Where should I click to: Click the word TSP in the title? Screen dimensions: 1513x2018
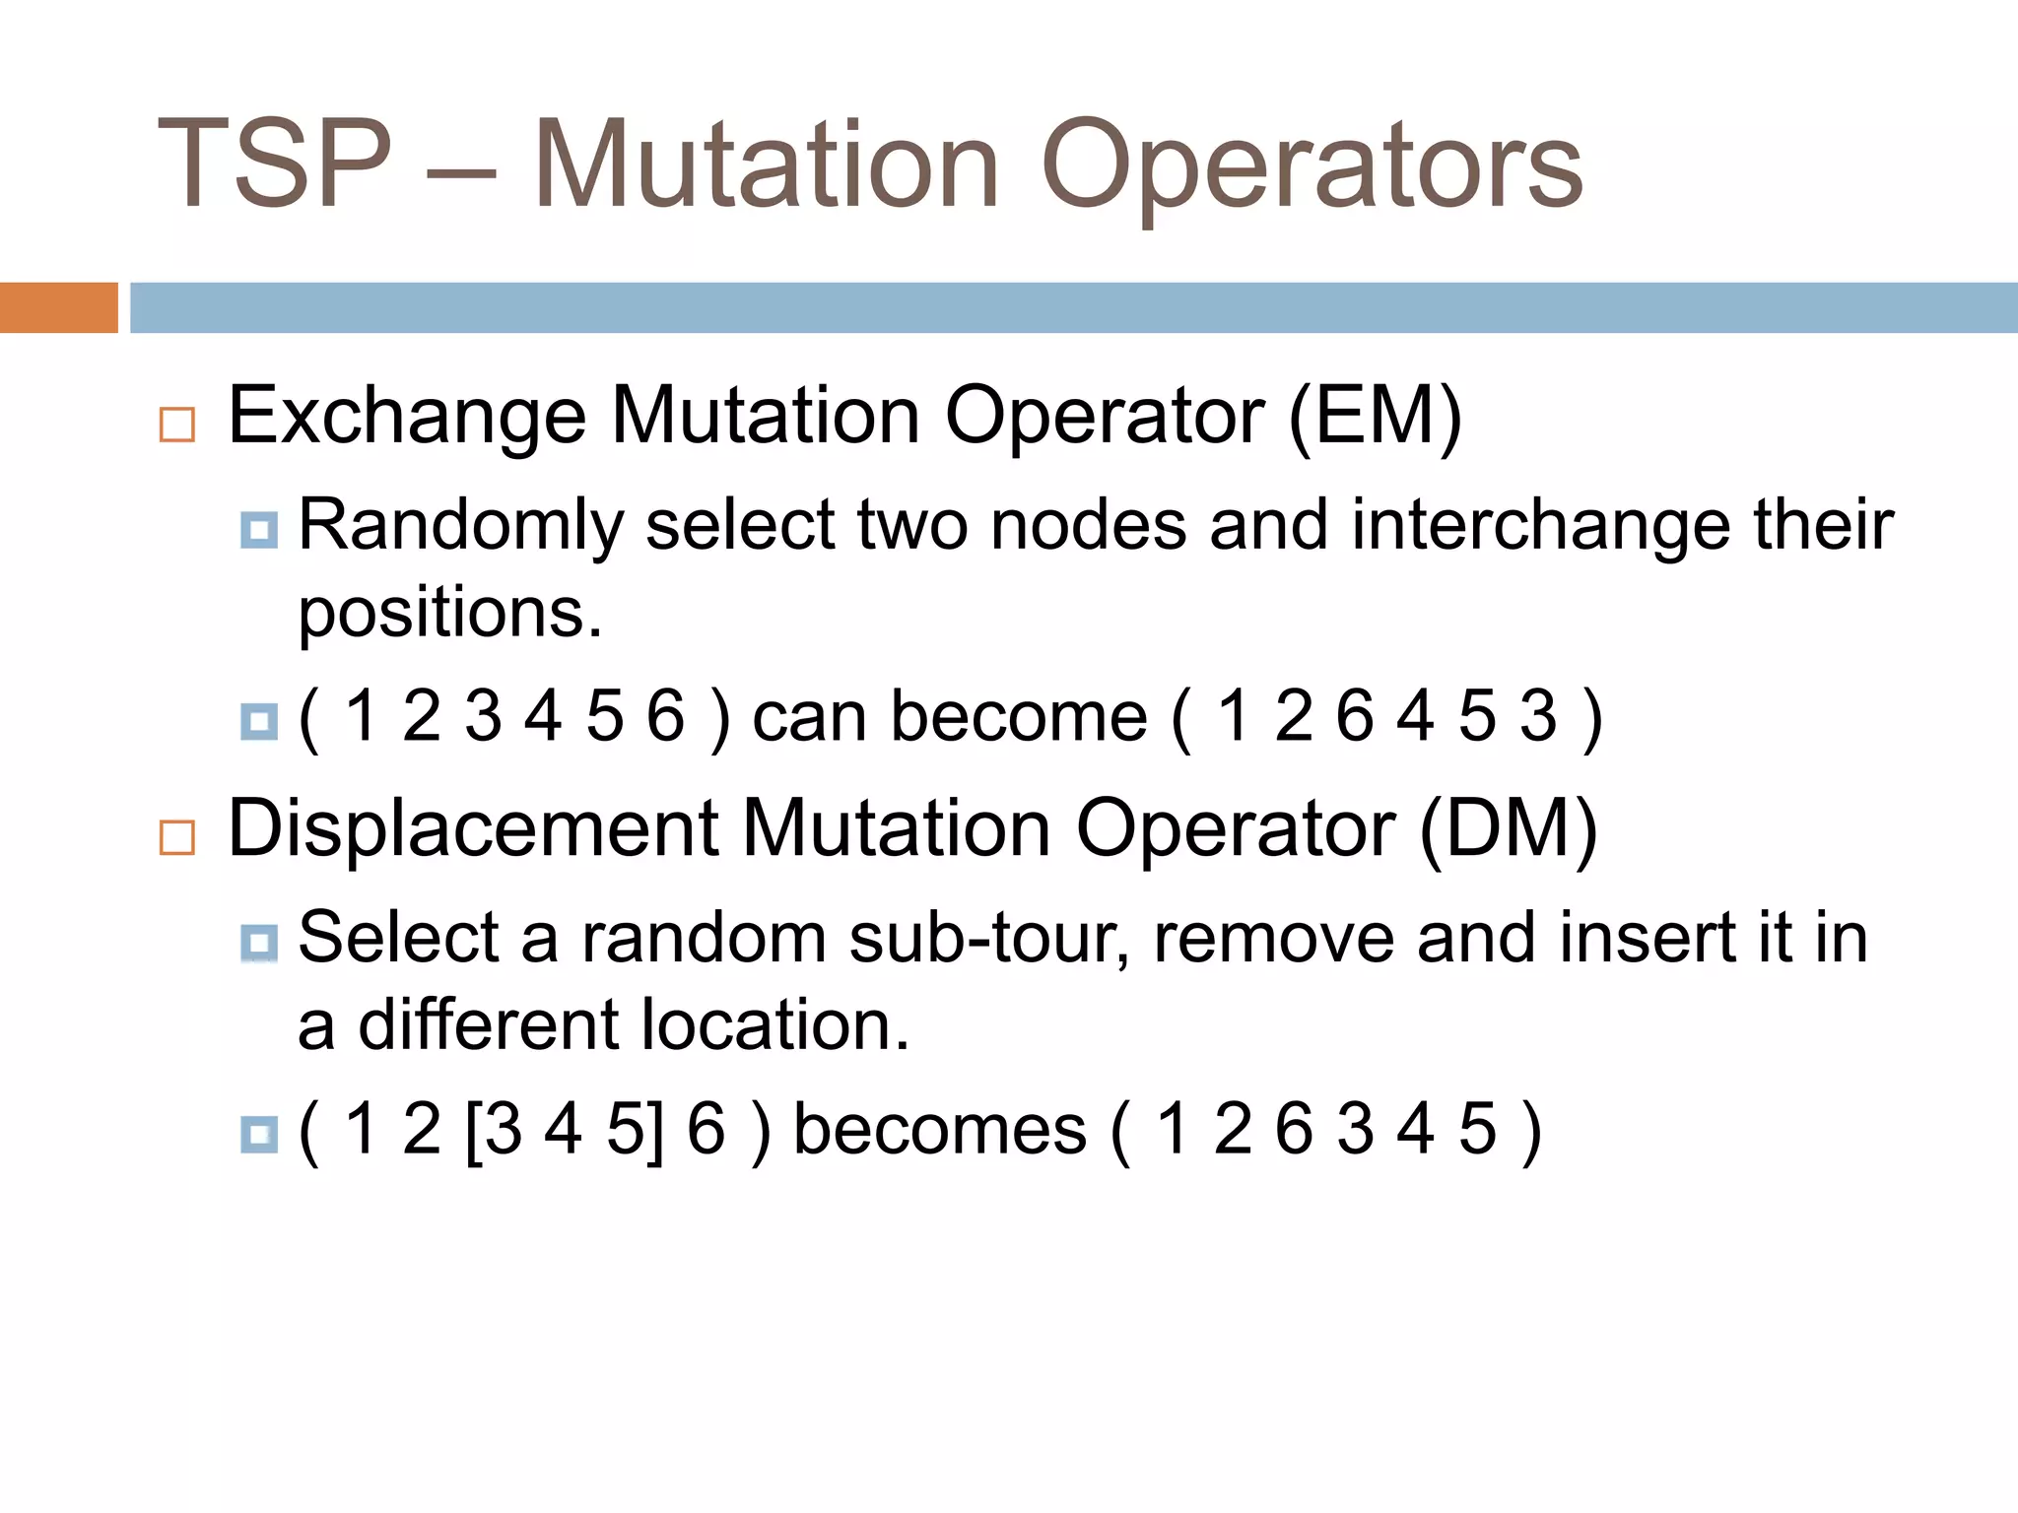(x=274, y=165)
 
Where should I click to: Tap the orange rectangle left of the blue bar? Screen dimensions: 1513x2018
(x=58, y=307)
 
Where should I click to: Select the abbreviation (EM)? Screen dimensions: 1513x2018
(x=1375, y=417)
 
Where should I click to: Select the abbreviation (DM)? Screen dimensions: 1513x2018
(x=1508, y=829)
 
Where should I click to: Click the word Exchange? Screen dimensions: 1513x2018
(x=407, y=417)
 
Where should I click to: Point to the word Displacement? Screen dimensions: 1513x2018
(x=473, y=829)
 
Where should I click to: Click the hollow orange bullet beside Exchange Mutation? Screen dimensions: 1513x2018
(x=177, y=425)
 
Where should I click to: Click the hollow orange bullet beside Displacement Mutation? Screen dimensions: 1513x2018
(x=177, y=837)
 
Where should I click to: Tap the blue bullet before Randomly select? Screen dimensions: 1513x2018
(x=259, y=531)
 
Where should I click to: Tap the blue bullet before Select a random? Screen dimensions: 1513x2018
(x=259, y=944)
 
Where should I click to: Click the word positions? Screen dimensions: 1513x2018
(x=448, y=615)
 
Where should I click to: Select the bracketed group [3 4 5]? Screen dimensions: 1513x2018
(x=564, y=1129)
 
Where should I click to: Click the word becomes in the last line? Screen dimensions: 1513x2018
(x=939, y=1129)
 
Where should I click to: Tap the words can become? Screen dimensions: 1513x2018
(x=949, y=716)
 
